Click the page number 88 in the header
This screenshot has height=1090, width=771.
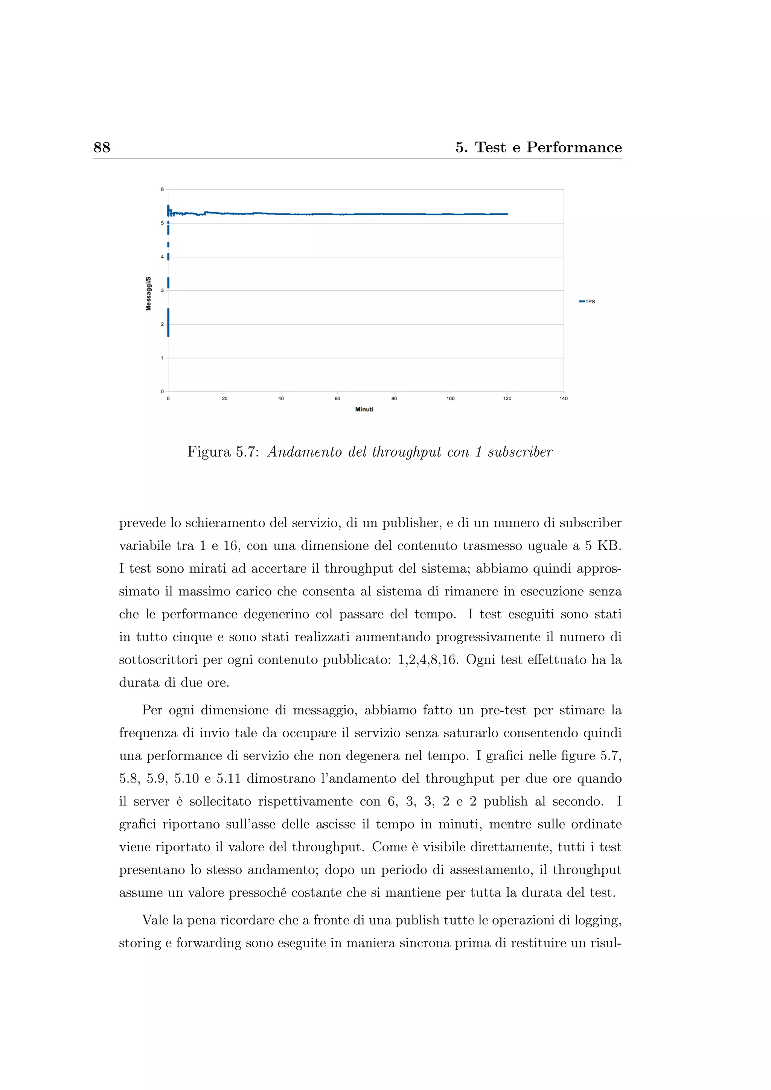point(102,147)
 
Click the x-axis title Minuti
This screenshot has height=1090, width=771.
point(364,409)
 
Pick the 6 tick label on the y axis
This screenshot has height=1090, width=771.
point(162,189)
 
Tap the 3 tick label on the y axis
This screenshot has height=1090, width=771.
point(162,291)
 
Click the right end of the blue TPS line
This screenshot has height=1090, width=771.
point(507,215)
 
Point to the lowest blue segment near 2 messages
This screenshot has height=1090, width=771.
point(168,323)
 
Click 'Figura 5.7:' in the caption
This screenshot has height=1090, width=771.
point(222,452)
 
